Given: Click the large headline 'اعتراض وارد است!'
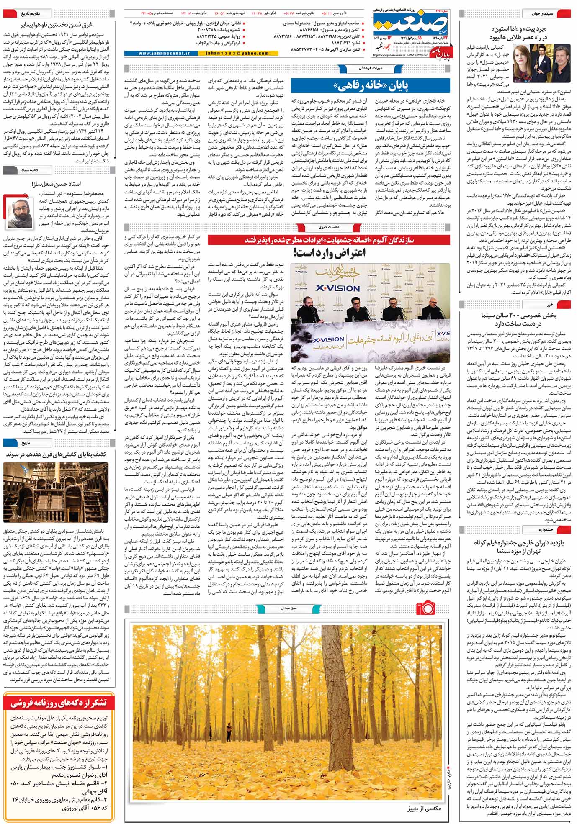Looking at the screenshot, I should click(x=329, y=252).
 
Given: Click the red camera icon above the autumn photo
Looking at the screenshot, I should click(x=425, y=607).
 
